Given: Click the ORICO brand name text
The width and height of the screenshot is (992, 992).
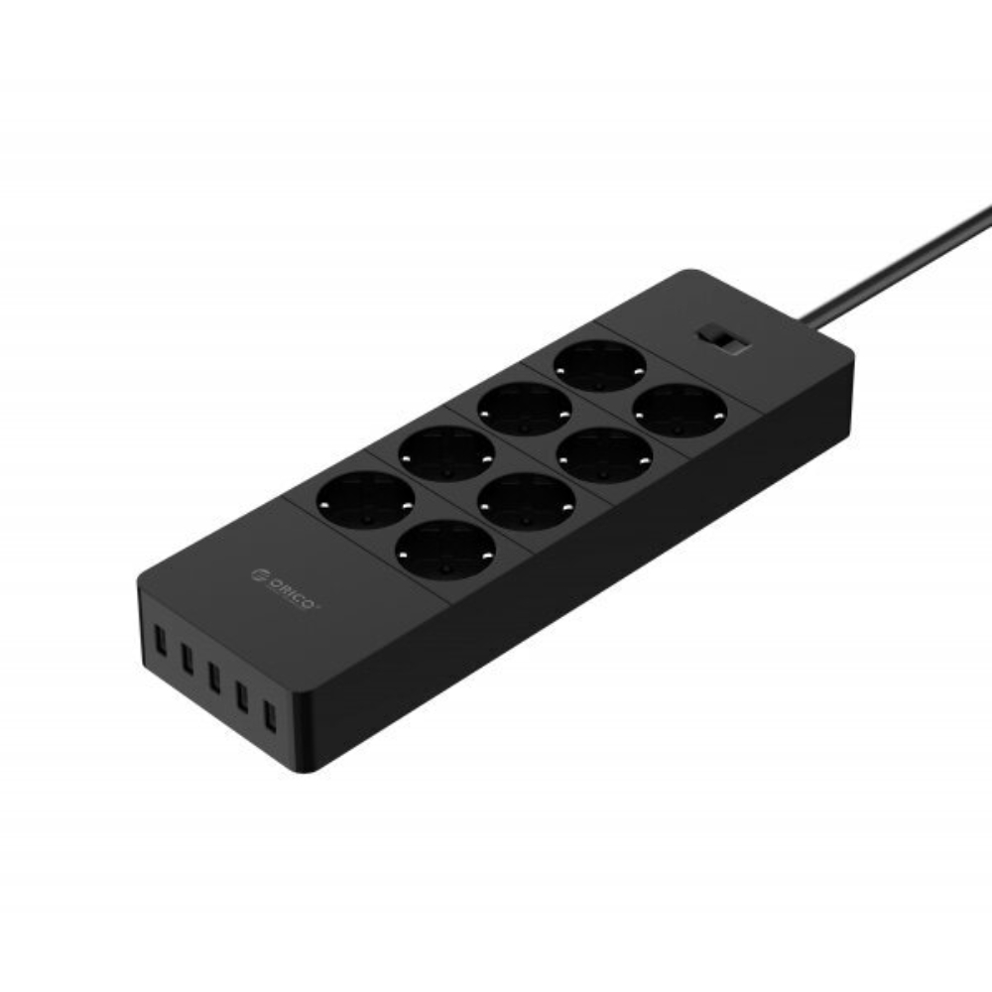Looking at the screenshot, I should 292,591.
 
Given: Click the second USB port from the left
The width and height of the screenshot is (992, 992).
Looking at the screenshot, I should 186,656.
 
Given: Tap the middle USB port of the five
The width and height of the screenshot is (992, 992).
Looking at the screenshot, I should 213,677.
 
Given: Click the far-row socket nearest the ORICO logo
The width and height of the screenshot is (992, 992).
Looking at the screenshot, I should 365,500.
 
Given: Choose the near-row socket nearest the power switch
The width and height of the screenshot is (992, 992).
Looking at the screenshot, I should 680,411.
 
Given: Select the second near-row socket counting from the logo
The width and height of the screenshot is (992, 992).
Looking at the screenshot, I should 525,501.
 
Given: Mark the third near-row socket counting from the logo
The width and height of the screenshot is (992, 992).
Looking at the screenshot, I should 604,455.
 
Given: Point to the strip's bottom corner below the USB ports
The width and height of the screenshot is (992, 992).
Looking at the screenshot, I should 310,769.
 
